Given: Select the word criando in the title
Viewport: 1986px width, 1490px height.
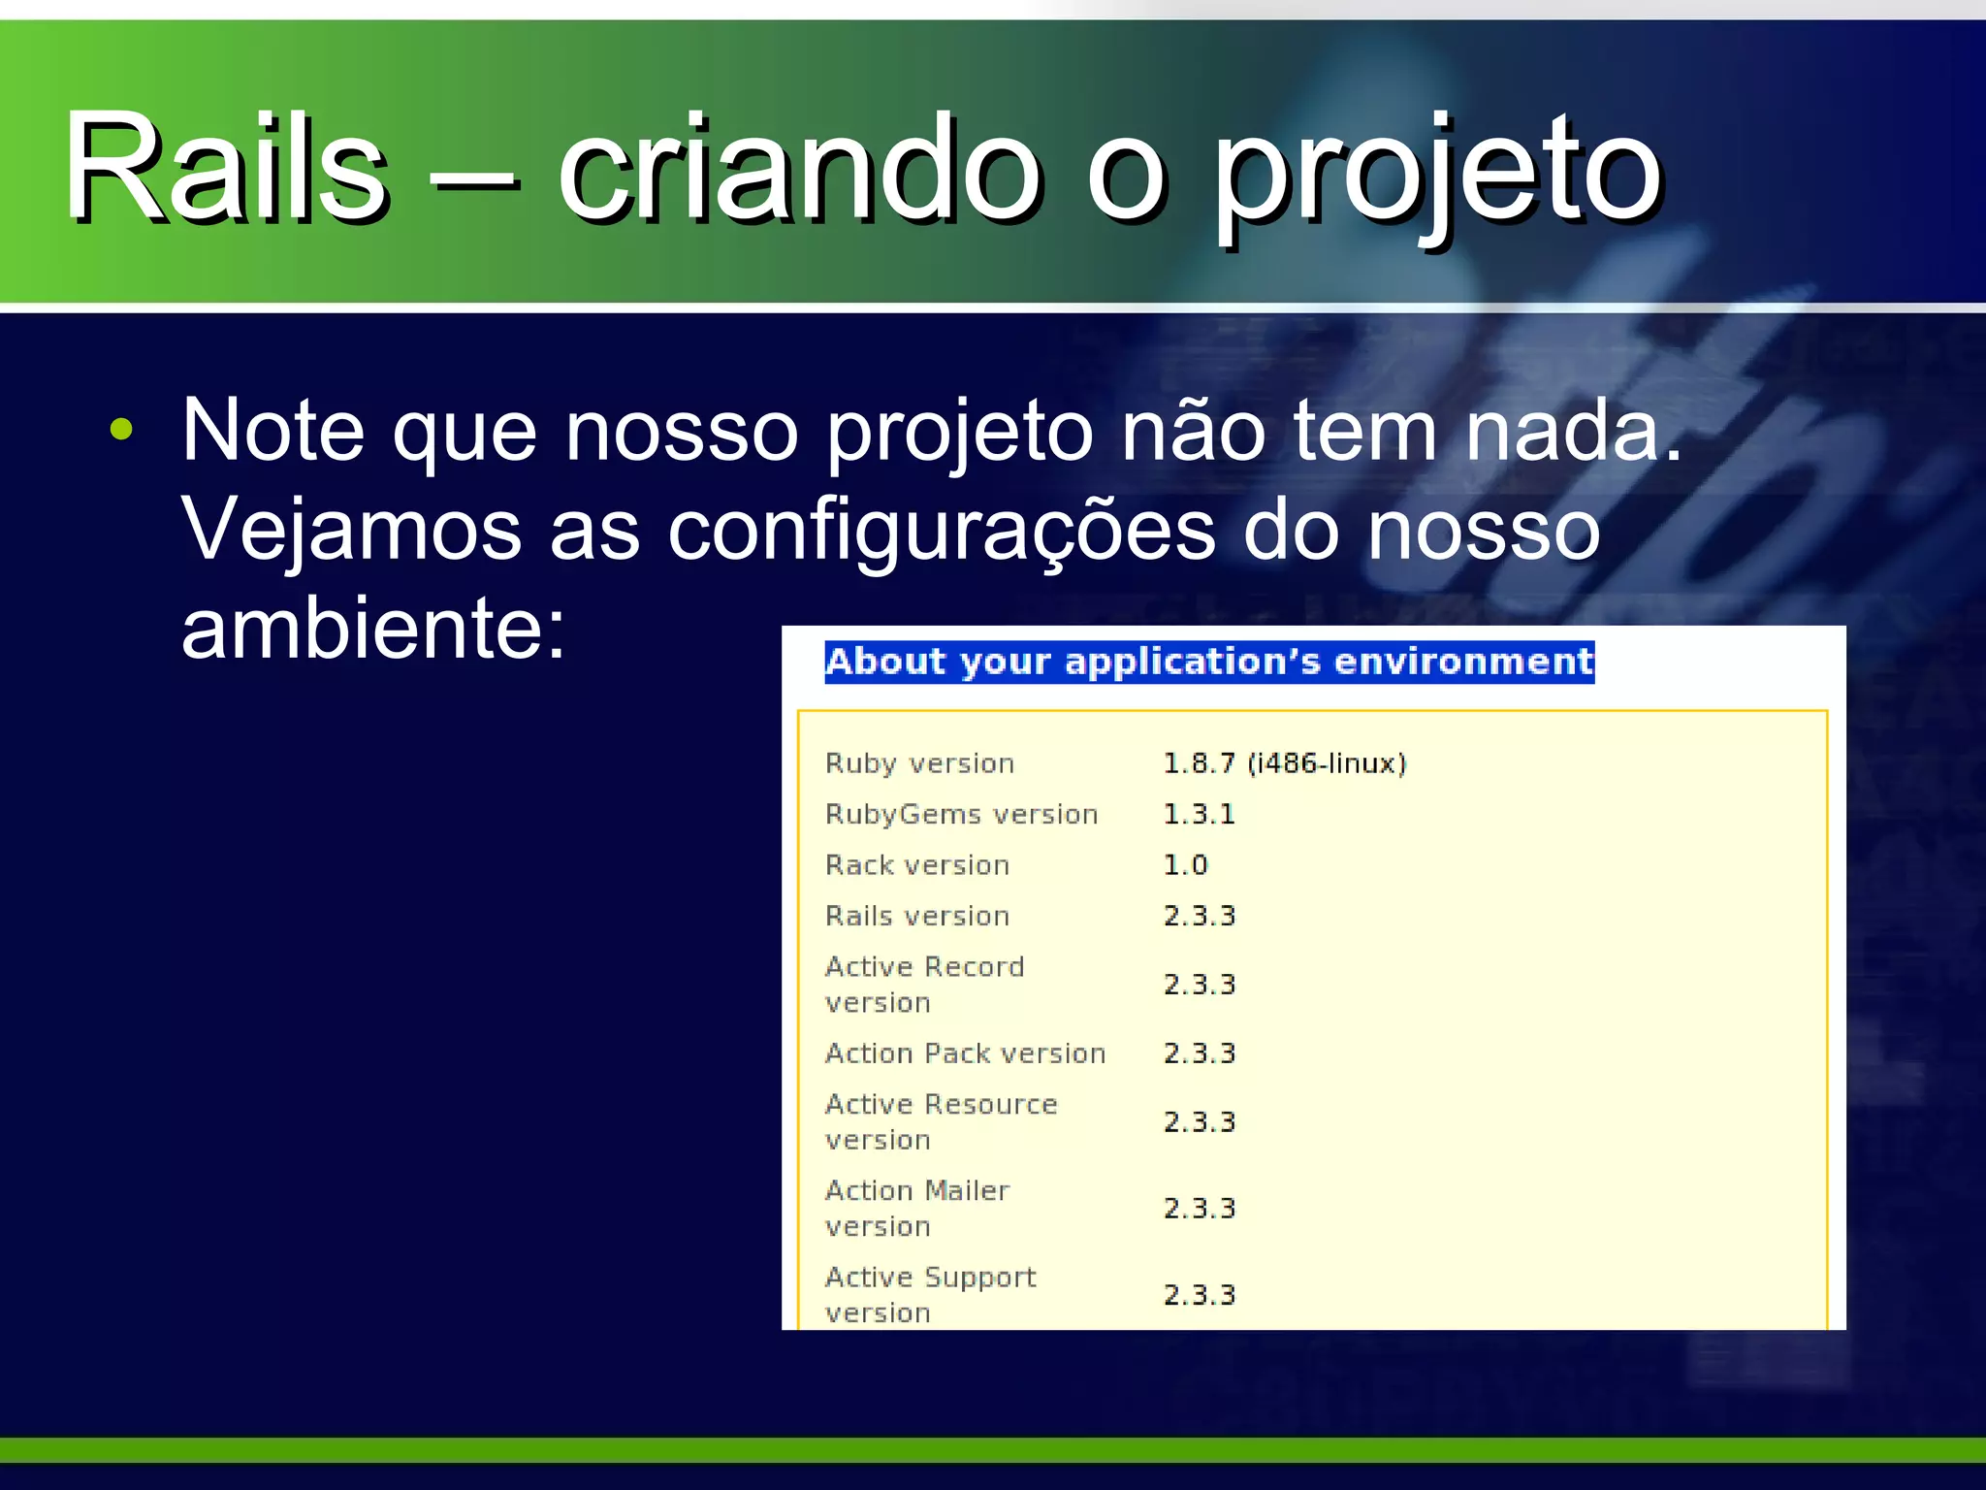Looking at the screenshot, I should [x=800, y=170].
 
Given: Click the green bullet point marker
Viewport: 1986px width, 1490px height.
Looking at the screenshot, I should [x=121, y=430].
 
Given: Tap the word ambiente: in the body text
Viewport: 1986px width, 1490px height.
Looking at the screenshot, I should [x=373, y=629].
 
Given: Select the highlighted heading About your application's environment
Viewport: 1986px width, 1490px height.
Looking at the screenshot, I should [x=1208, y=663].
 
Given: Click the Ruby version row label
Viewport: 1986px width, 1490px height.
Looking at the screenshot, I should [x=919, y=763].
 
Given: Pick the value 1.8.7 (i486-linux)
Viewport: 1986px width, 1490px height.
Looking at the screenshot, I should [x=1284, y=763].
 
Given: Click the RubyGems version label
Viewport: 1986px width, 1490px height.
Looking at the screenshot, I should [x=961, y=814].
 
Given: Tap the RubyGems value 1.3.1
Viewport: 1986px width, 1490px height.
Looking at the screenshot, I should [x=1200, y=814].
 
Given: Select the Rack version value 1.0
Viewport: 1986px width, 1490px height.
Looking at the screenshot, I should [x=1185, y=864].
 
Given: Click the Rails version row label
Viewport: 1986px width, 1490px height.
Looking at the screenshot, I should [x=917, y=916].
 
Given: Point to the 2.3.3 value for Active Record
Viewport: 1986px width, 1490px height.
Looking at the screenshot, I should [x=1200, y=985].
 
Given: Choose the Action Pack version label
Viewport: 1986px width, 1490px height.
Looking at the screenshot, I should [x=965, y=1053].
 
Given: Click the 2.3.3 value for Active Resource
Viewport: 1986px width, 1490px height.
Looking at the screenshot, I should [x=1200, y=1122].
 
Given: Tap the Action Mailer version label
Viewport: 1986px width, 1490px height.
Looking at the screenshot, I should [x=917, y=1208].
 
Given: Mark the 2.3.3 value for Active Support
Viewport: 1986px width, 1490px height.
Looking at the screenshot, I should [x=1200, y=1295].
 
